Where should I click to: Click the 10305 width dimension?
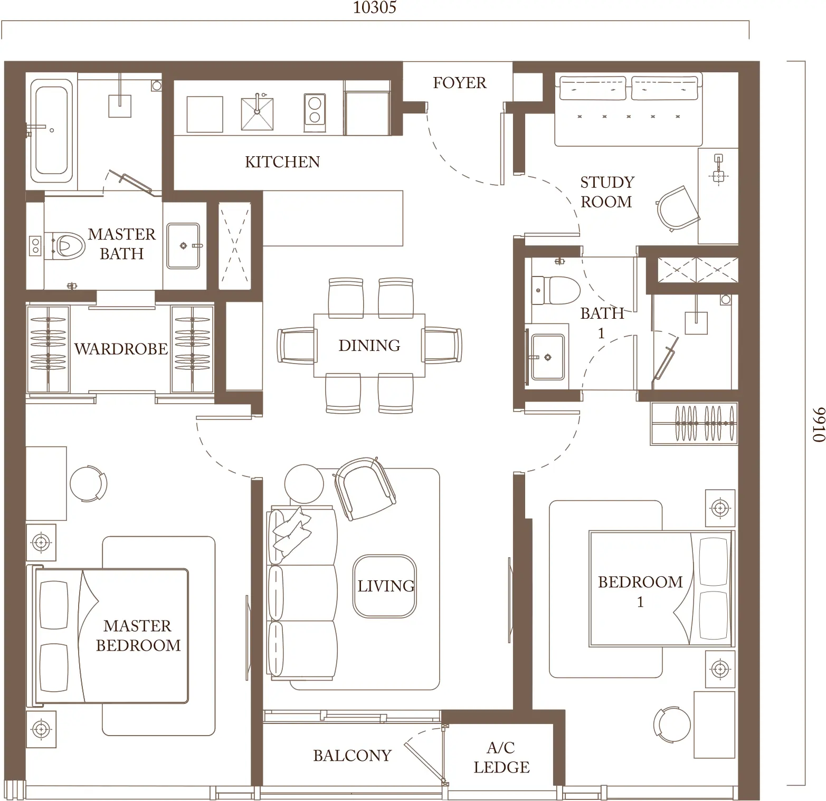[x=375, y=7]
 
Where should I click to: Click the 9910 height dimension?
[x=817, y=424]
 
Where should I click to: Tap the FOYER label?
[x=460, y=83]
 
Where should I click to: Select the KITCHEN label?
[x=282, y=161]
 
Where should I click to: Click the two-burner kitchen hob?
[x=315, y=113]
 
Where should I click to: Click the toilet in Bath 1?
[x=555, y=290]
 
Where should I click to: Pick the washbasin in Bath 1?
[x=547, y=357]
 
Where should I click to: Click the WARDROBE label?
[x=121, y=349]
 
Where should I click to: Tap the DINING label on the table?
[x=369, y=346]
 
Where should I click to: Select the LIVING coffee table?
[x=385, y=586]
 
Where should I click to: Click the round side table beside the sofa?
[x=304, y=484]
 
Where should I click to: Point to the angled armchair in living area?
[x=365, y=488]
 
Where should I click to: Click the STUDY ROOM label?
[x=607, y=192]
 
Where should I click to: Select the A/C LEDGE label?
[x=501, y=757]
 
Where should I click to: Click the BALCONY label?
[x=352, y=756]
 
